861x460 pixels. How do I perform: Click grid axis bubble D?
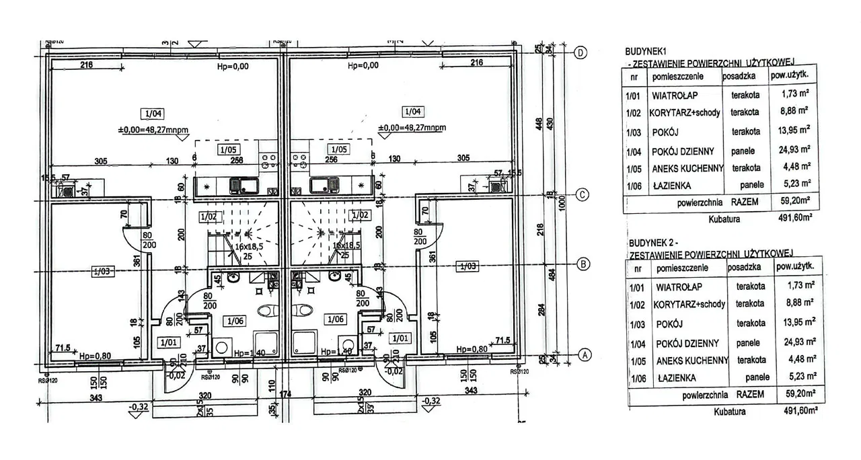(583, 52)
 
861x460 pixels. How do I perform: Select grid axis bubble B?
(583, 264)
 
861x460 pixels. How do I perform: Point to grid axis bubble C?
(583, 195)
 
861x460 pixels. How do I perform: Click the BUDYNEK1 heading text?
(646, 50)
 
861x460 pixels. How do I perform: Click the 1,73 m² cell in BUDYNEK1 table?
(792, 95)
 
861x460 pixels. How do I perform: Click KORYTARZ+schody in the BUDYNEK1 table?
(685, 112)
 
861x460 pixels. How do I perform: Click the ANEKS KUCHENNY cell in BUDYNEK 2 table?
(690, 360)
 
